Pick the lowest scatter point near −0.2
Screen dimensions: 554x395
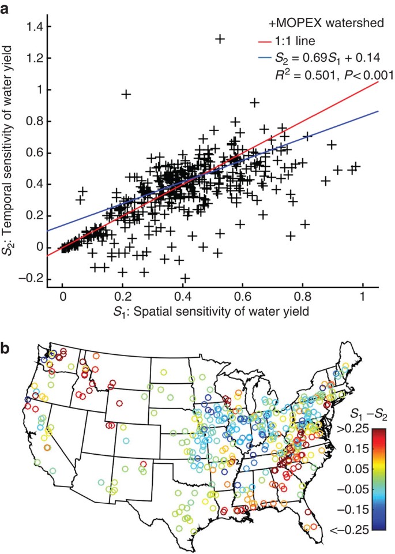[x=185, y=279]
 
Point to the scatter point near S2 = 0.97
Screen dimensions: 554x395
[x=126, y=94]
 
